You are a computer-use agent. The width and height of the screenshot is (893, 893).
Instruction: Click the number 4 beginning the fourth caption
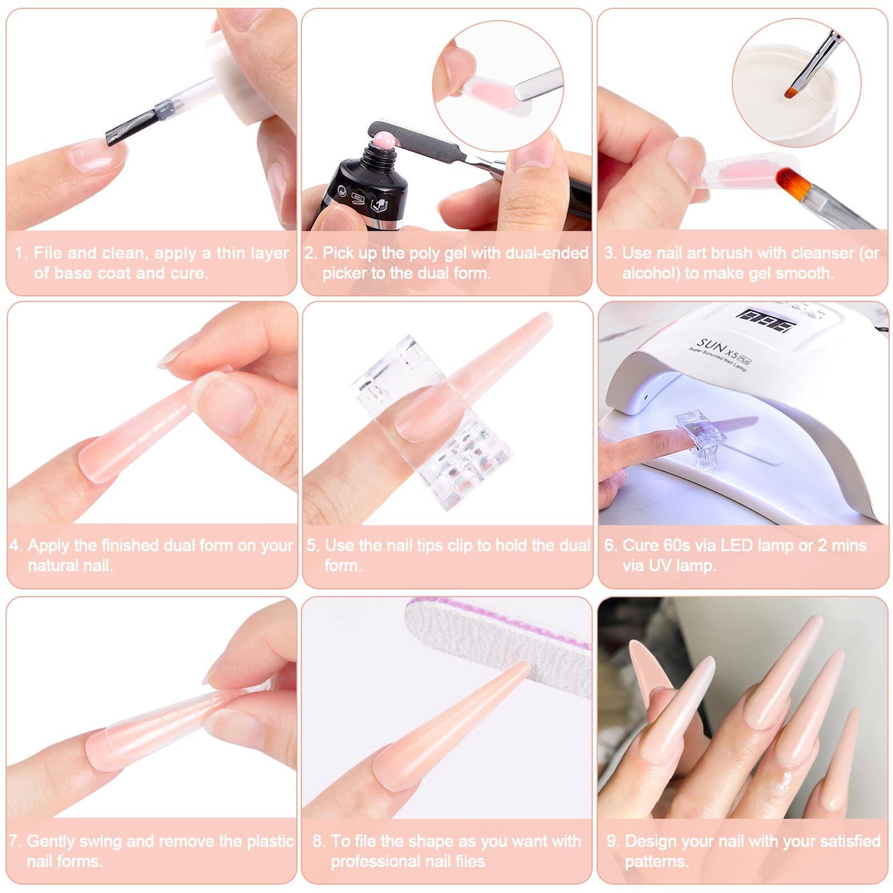pyautogui.click(x=15, y=546)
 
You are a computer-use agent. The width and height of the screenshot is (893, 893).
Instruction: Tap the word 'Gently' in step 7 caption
pyautogui.click(x=51, y=841)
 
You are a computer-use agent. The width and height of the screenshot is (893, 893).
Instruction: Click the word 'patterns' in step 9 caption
pyautogui.click(x=655, y=862)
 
